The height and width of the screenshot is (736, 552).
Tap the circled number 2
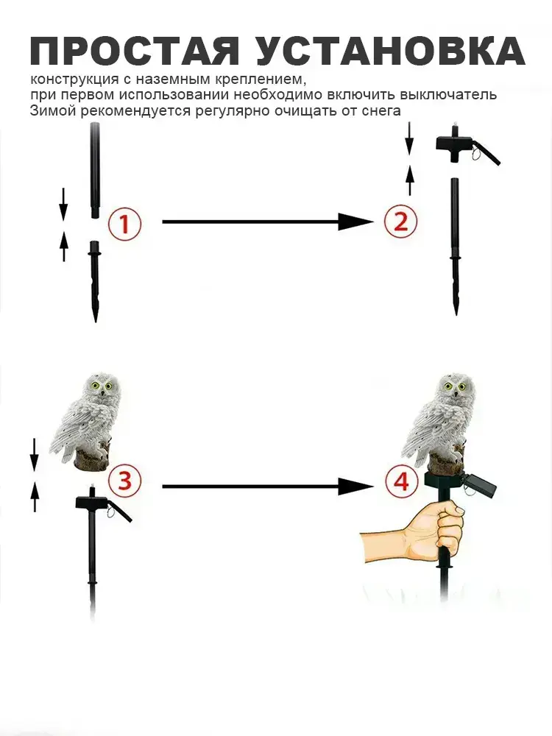click(x=400, y=221)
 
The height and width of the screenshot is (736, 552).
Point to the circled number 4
click(x=400, y=482)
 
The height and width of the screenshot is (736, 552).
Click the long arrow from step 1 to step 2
click(x=268, y=221)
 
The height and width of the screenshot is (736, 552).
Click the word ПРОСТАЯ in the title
click(x=135, y=50)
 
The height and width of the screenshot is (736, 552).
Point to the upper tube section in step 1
click(x=95, y=171)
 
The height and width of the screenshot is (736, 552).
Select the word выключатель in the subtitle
click(x=447, y=94)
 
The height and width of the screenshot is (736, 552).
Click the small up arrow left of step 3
click(x=35, y=498)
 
